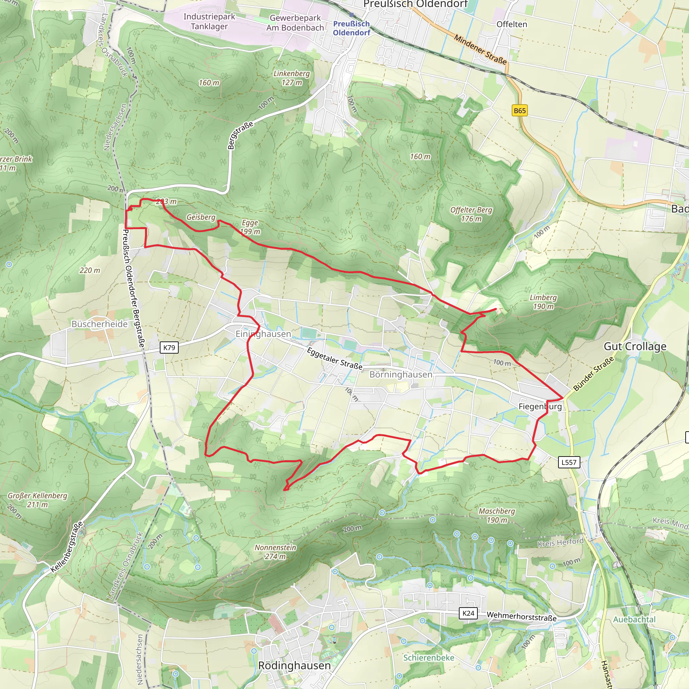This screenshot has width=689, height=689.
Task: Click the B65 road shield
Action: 519,111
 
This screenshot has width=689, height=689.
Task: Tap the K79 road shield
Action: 169,347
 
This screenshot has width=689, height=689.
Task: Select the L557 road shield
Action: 569,462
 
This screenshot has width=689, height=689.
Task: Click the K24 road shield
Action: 468,613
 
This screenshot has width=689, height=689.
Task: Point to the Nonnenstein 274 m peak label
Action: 275,552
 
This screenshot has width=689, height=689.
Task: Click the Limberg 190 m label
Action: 543,302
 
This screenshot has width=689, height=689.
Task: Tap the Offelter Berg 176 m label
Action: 471,214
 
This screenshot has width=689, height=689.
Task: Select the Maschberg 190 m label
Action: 497,516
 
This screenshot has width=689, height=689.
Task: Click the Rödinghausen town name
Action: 294,665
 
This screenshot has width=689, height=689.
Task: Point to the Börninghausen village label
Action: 401,374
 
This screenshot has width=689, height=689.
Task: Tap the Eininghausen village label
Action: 263,334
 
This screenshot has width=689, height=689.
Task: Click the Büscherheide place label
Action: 100,324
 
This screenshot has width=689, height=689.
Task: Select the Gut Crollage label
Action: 635,346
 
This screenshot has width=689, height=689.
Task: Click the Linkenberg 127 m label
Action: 292,78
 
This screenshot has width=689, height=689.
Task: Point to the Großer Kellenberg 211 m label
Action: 37,500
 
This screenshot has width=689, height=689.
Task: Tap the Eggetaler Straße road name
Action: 334,358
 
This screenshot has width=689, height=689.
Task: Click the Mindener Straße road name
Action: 480,49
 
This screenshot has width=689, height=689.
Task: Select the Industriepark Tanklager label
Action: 209,22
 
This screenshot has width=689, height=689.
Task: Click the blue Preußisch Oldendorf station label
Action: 351,28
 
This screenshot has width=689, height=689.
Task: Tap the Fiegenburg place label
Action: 540,406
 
